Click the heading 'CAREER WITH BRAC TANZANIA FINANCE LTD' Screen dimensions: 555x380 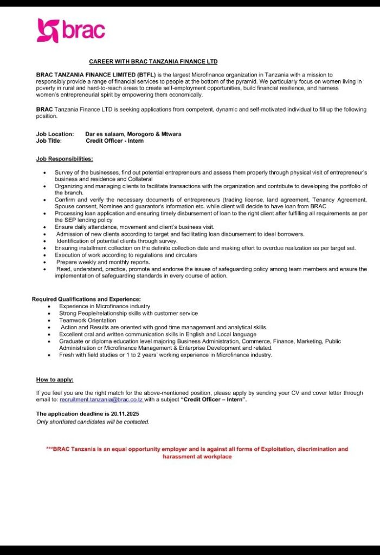coord(153,62)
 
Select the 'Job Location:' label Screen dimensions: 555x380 coord(55,133)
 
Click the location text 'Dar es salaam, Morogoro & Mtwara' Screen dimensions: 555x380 coord(133,133)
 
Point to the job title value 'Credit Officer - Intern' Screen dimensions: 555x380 coord(115,141)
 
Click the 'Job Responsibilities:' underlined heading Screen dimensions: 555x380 coord(65,159)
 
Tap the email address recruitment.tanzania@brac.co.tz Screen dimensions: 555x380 coord(101,399)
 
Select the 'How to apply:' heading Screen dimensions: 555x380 coord(55,380)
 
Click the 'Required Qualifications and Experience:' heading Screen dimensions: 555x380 coord(86,299)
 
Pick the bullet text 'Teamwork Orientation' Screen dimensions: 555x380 coord(88,320)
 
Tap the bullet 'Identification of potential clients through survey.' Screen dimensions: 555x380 coord(117,241)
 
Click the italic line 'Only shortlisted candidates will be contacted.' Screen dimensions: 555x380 coord(93,422)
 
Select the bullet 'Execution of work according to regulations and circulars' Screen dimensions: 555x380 coord(126,255)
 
